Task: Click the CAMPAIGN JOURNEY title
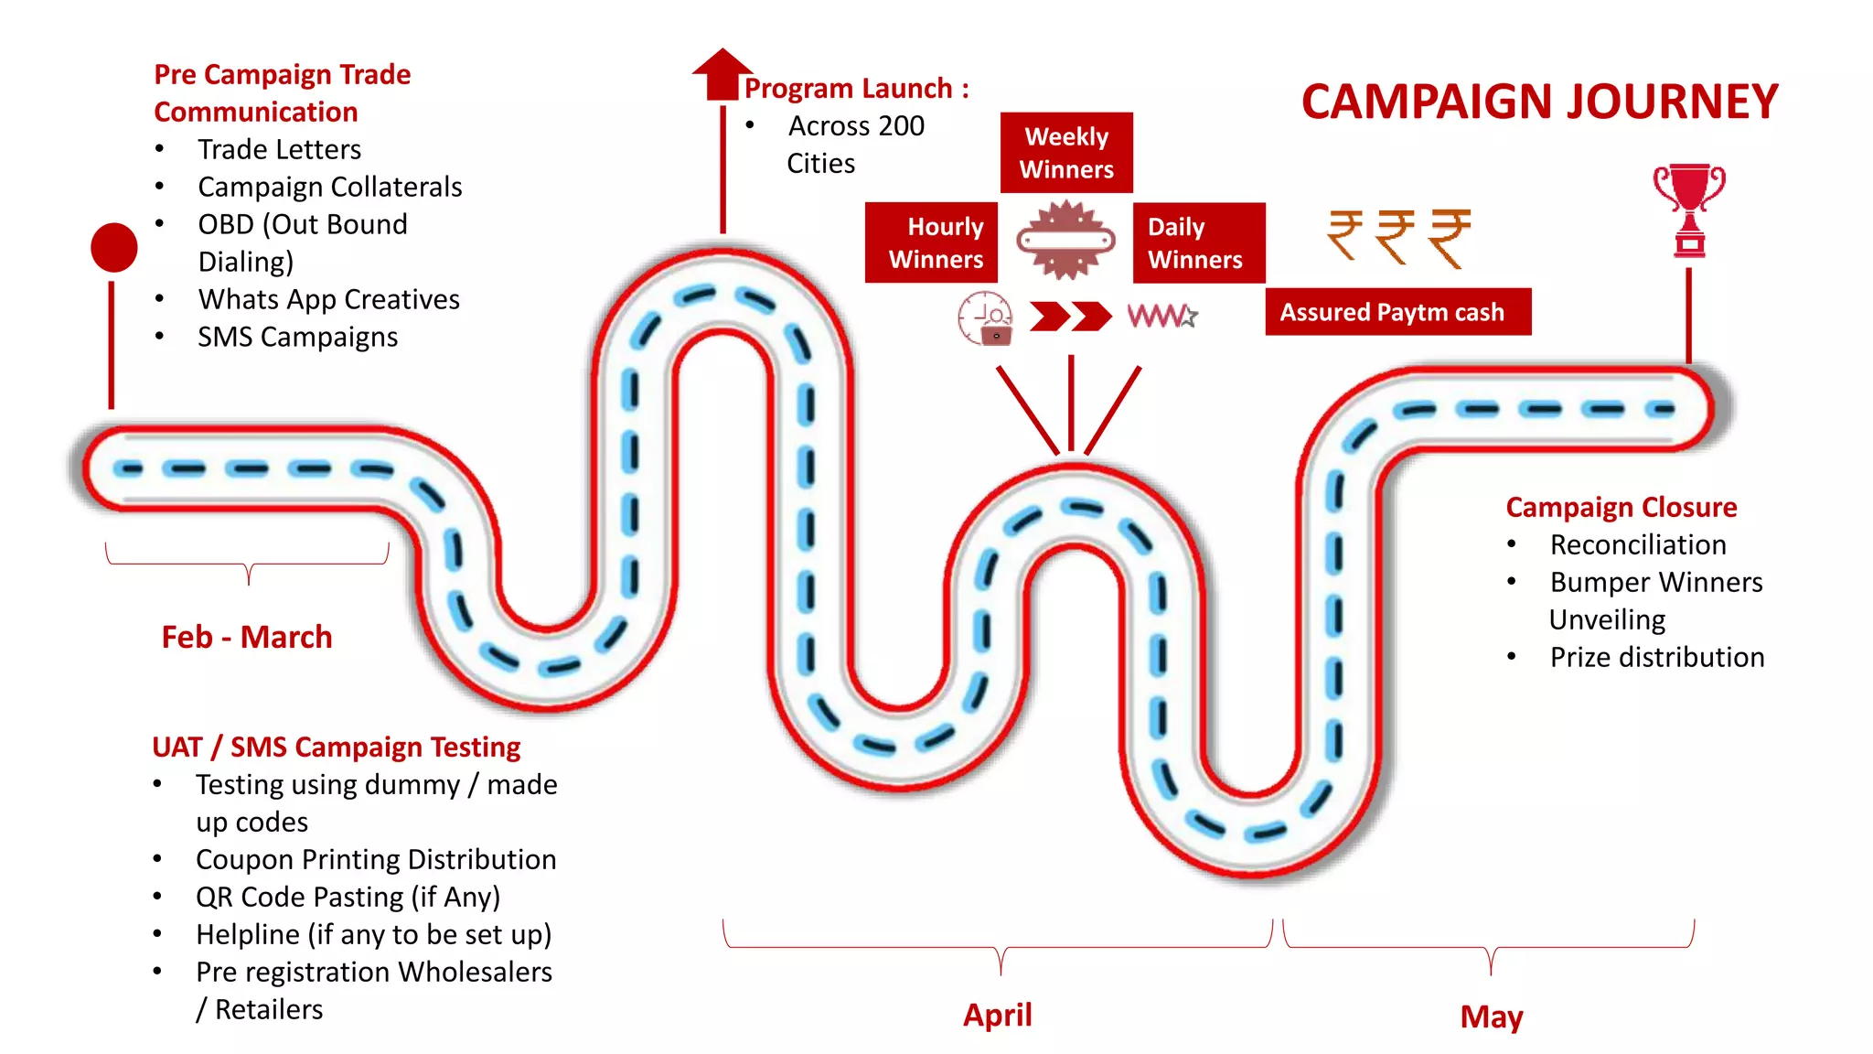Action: [x=1539, y=102]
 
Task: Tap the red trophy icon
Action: [x=1688, y=210]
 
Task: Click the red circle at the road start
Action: [x=114, y=247]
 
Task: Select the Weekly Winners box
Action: [x=1066, y=153]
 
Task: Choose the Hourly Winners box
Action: [x=931, y=243]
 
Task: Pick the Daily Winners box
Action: [x=1199, y=243]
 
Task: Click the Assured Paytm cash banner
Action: [x=1397, y=312]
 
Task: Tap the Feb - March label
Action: [x=247, y=637]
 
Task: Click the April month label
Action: [x=997, y=1015]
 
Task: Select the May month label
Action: [x=1491, y=1016]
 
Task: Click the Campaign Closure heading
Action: [x=1621, y=507]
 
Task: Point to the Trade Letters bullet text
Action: [x=279, y=149]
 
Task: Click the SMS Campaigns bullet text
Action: [x=297, y=337]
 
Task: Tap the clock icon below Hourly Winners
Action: [x=985, y=317]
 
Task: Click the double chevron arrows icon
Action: [x=1070, y=317]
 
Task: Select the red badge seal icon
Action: [x=1065, y=241]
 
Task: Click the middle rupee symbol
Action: [x=1396, y=236]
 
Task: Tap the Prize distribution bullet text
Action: [x=1656, y=657]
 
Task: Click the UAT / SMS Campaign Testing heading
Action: [x=336, y=747]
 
